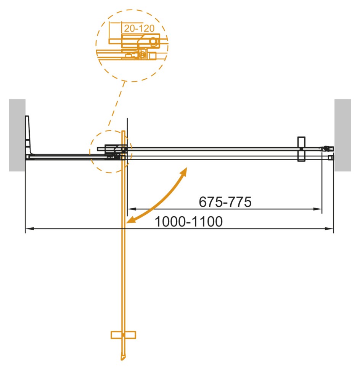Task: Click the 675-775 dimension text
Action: click(x=225, y=202)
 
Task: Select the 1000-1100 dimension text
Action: click(x=188, y=221)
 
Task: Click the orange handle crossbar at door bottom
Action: click(x=123, y=335)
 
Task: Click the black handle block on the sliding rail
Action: click(x=301, y=150)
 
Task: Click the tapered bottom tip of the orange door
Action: click(x=122, y=357)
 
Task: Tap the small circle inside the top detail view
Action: click(x=153, y=41)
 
